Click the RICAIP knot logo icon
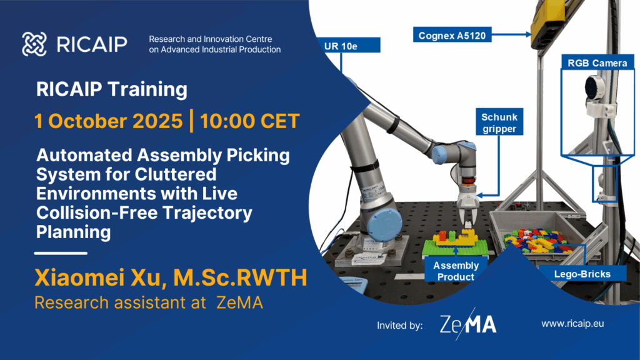click(34, 44)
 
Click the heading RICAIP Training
click(112, 89)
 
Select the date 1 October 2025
click(109, 121)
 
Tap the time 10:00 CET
click(250, 121)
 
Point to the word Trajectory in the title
click(207, 212)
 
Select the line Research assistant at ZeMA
click(149, 302)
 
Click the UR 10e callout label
click(349, 46)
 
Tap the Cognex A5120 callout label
click(452, 35)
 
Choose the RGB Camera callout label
click(597, 63)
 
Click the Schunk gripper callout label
click(499, 122)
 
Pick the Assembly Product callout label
click(456, 271)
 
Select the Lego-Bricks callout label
click(582, 274)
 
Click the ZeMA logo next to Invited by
click(468, 324)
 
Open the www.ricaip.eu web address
click(572, 324)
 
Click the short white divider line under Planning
click(61, 254)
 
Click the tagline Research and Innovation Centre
click(210, 39)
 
